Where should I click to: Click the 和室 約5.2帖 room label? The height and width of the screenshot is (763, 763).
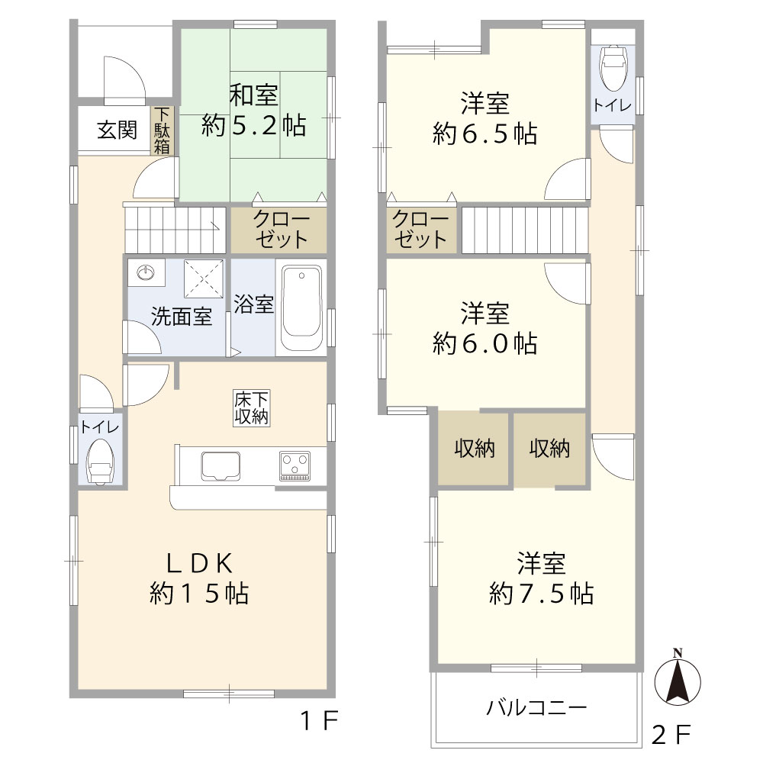click(x=253, y=111)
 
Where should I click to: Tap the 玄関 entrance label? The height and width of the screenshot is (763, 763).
click(x=117, y=130)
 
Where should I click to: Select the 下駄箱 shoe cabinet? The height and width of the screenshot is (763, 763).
click(x=162, y=130)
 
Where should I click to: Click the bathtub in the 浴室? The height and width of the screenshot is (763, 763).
click(x=301, y=307)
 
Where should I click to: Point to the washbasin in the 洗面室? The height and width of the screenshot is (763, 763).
click(x=145, y=272)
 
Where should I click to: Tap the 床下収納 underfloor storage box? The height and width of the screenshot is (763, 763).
click(x=251, y=408)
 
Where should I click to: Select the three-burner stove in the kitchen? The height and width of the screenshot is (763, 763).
click(x=295, y=466)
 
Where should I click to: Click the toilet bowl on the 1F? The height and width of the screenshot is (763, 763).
click(x=100, y=462)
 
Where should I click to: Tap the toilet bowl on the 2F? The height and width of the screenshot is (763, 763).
click(x=613, y=67)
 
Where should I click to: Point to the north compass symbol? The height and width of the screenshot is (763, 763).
click(x=678, y=678)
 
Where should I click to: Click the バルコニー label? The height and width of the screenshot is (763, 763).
click(x=536, y=707)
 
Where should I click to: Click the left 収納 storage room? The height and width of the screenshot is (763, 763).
click(x=474, y=448)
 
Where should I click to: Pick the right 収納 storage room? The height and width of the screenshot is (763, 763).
click(x=550, y=448)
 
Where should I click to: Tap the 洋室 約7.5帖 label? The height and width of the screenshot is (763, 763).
click(x=541, y=578)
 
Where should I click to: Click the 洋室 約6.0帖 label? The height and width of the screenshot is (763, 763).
click(x=485, y=328)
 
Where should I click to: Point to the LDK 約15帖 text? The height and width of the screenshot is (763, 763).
click(x=199, y=578)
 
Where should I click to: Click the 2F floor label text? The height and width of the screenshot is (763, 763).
click(x=671, y=734)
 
